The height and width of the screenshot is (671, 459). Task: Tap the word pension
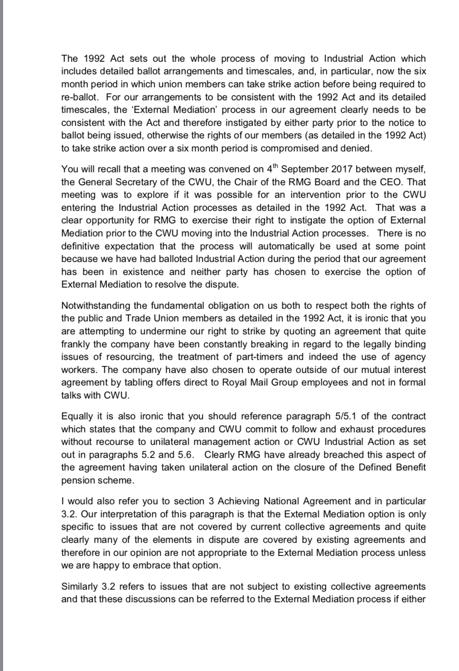coord(77,480)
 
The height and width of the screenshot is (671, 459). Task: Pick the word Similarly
coord(79,586)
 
